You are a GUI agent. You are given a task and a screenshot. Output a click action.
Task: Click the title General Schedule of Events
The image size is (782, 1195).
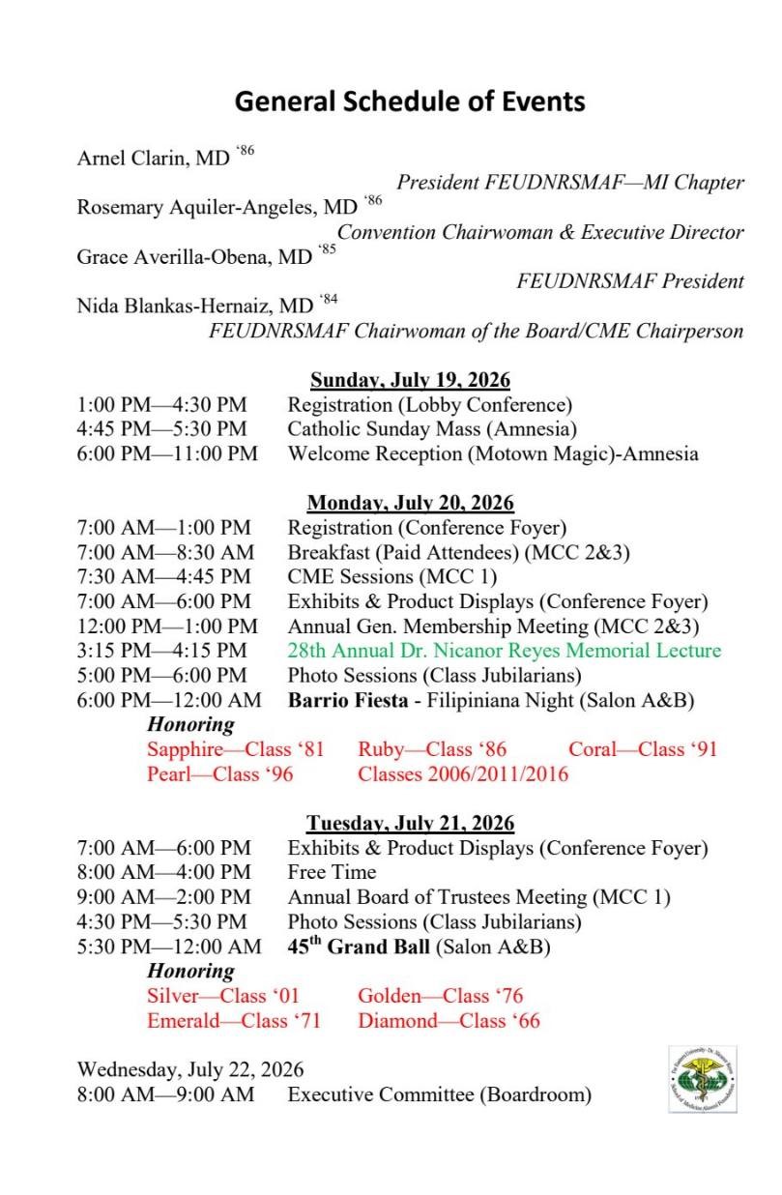coord(410,101)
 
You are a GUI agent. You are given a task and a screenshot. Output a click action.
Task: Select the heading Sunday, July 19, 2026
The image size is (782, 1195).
coord(410,379)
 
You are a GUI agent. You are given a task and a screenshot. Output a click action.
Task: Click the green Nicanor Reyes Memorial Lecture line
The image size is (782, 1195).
coord(504,651)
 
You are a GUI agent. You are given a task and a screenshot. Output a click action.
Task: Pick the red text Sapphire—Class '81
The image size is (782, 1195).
coord(236,749)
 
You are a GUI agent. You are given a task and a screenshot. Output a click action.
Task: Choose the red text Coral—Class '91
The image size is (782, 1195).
coord(643,749)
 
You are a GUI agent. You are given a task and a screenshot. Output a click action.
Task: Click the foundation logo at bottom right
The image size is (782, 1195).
coord(702,1078)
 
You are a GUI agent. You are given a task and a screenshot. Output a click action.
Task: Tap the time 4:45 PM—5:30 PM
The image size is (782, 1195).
coord(161,428)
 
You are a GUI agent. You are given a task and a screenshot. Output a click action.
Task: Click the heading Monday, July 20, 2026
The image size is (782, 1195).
coord(410,503)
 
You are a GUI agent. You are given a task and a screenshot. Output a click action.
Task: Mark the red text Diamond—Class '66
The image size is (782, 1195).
coord(449,1020)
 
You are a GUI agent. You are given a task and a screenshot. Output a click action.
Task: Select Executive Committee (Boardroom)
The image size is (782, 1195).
coord(439,1094)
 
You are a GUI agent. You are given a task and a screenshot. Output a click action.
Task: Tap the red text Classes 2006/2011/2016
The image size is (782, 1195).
coord(463,773)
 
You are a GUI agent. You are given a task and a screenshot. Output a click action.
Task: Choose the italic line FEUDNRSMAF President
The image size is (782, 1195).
coord(630,281)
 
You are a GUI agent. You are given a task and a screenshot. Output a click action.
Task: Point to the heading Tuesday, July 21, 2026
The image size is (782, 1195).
coord(410,824)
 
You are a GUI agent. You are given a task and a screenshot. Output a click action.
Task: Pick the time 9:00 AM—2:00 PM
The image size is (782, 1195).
coord(163,897)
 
